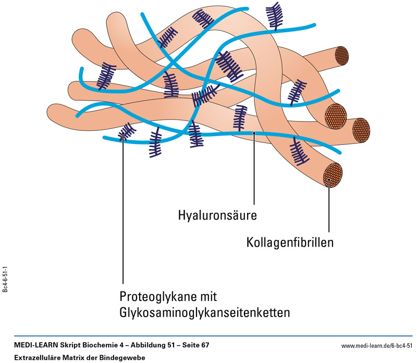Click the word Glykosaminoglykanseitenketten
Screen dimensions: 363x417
point(205,313)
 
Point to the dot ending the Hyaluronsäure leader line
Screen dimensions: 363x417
point(254,134)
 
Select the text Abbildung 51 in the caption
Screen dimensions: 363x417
point(141,346)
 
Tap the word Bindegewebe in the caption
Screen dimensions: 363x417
point(126,357)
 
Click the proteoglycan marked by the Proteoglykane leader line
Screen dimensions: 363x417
point(125,133)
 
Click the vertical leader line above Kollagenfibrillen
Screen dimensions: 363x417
point(329,209)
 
